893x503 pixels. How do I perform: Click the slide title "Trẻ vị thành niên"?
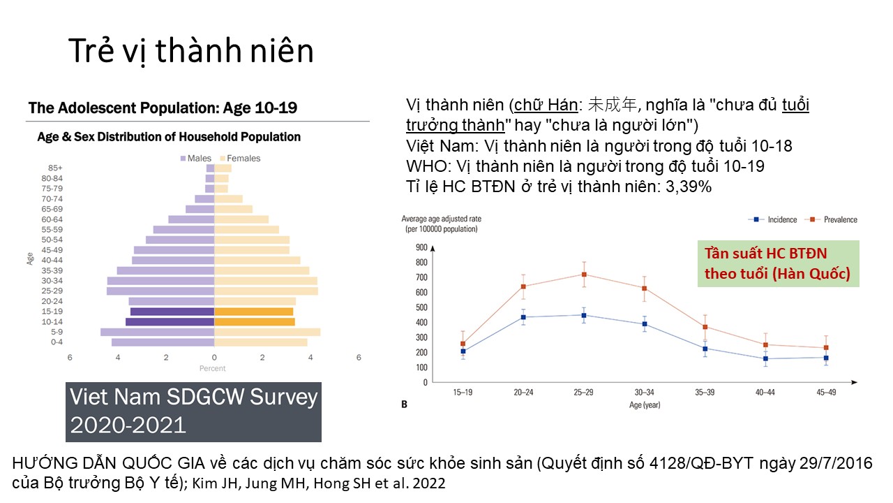click(x=190, y=52)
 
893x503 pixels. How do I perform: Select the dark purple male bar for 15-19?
click(x=172, y=312)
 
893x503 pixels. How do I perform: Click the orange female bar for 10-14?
click(x=254, y=322)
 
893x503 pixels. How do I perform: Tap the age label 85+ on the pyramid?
click(x=55, y=168)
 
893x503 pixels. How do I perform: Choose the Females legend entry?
click(x=240, y=159)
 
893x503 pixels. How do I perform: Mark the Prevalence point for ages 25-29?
click(x=584, y=275)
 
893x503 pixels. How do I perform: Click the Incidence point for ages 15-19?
click(x=463, y=351)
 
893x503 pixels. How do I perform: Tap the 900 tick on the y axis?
click(x=421, y=247)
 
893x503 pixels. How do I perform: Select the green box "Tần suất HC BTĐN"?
click(x=778, y=263)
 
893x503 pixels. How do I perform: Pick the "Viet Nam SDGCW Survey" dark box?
click(x=193, y=411)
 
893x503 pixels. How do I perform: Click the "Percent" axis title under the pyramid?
click(x=213, y=368)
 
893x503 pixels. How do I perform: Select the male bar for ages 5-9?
click(x=157, y=332)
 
